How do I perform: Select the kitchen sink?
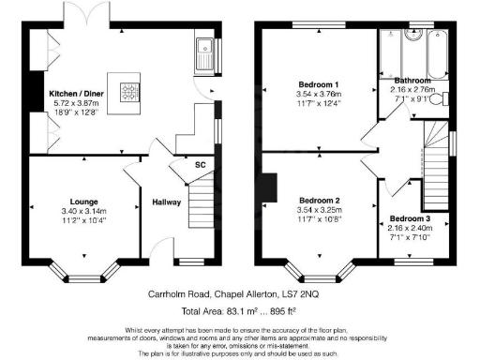(x=203, y=55)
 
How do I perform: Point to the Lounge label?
(x=84, y=201)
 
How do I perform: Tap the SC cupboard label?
(x=200, y=166)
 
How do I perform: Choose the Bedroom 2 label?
(x=318, y=200)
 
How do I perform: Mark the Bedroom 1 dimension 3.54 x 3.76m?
(x=318, y=94)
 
